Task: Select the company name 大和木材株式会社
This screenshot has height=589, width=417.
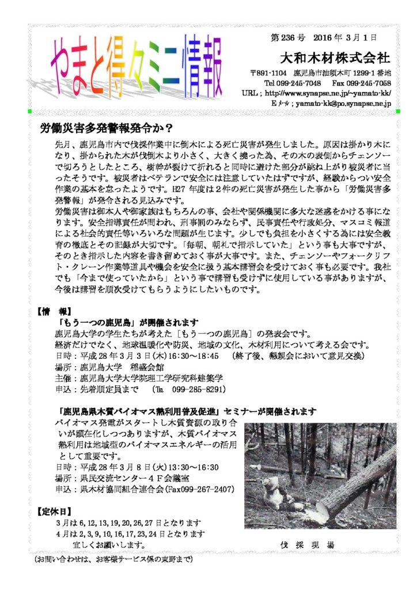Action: (x=338, y=59)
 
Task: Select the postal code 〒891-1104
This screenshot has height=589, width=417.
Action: (x=268, y=73)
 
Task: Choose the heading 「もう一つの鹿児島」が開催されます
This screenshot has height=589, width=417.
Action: (x=128, y=322)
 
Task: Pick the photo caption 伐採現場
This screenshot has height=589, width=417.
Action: (x=308, y=544)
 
